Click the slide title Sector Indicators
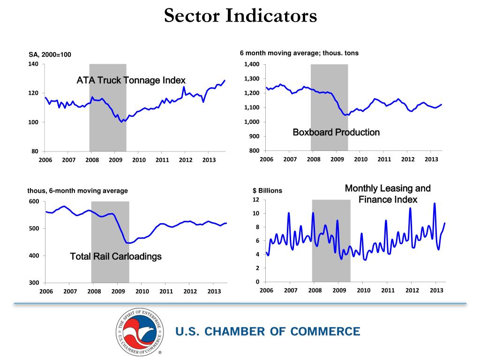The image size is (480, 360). click(x=240, y=17)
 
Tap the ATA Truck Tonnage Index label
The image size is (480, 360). click(x=131, y=81)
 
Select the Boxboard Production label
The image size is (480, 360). click(x=336, y=133)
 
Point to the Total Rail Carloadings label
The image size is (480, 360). click(x=115, y=256)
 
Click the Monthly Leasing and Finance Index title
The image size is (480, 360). click(x=388, y=194)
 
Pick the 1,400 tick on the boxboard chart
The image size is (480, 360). click(x=252, y=64)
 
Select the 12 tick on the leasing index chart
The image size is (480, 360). click(x=256, y=200)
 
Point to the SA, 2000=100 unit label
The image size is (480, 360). click(x=50, y=55)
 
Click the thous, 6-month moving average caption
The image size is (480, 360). click(x=77, y=191)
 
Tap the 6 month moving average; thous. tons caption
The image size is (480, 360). click(x=299, y=53)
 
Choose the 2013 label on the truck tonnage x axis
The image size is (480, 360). click(x=209, y=160)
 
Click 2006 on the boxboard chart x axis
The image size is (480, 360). click(x=266, y=159)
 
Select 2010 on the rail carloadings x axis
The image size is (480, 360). click(x=142, y=291)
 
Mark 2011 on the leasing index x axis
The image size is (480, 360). click(x=388, y=290)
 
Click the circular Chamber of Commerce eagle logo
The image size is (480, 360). click(x=140, y=332)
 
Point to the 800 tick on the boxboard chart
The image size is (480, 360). click(x=254, y=151)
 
